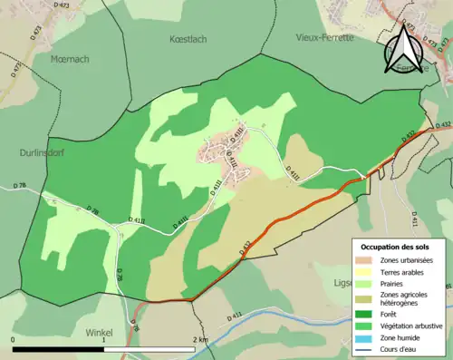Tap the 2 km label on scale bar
click(x=200, y=340)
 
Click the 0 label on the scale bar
click(x=14, y=340)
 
